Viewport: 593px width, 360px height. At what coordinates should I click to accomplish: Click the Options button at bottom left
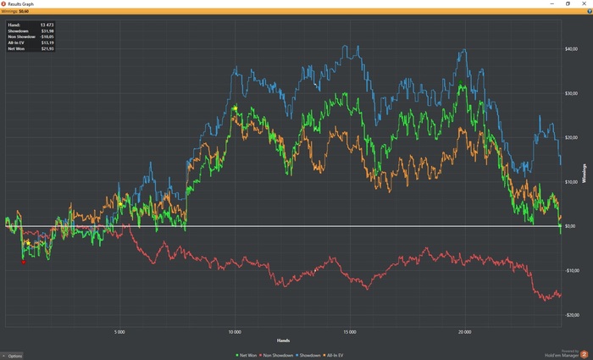point(13,355)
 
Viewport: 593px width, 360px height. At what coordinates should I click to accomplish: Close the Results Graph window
point(585,3)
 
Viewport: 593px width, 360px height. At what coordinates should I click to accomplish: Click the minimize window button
point(549,3)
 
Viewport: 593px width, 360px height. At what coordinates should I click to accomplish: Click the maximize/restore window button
point(567,3)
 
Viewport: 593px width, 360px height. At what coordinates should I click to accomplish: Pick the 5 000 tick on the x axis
point(119,331)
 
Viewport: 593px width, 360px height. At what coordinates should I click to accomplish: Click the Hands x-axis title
point(283,340)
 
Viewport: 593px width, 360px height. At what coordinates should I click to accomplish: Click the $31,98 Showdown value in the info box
point(47,31)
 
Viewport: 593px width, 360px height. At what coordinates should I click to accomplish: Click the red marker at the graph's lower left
point(23,262)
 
